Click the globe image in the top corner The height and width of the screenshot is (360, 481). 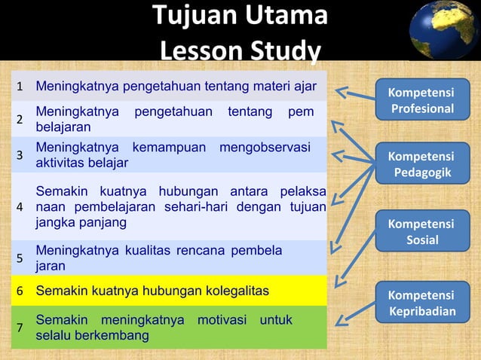444,30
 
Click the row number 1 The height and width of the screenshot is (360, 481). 20,86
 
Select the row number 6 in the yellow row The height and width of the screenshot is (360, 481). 20,291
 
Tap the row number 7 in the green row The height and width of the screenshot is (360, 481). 20,328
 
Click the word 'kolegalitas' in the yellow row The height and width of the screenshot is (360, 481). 237,291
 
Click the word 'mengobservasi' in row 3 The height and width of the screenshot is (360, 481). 265,147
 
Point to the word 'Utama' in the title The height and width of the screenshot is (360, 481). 290,16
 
